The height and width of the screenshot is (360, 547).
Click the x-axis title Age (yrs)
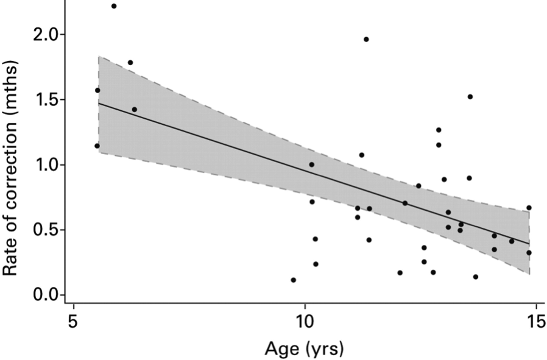pyautogui.click(x=304, y=348)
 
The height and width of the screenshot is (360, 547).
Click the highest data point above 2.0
pyautogui.click(x=114, y=6)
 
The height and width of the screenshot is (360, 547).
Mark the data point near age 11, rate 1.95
pyautogui.click(x=366, y=39)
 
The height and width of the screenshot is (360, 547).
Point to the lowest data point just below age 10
pyautogui.click(x=293, y=280)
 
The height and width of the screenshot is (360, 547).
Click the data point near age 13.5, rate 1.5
pyautogui.click(x=470, y=96)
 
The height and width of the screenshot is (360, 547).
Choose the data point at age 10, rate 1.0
pyautogui.click(x=311, y=164)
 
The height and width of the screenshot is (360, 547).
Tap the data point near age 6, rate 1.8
pyautogui.click(x=130, y=62)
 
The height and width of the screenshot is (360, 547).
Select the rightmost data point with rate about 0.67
pyautogui.click(x=529, y=208)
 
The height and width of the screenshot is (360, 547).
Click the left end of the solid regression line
pyautogui.click(x=99, y=103)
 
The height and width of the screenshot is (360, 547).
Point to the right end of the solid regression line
pyautogui.click(x=529, y=244)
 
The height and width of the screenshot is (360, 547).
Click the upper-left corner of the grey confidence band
pyautogui.click(x=99, y=57)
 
